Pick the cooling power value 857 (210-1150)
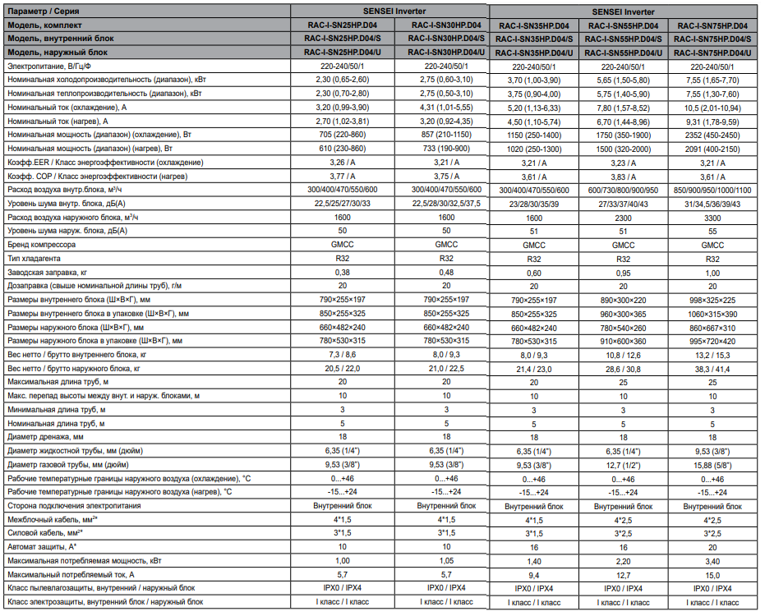click(446, 134)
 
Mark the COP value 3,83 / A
click(624, 177)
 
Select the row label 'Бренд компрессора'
click(42, 245)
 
